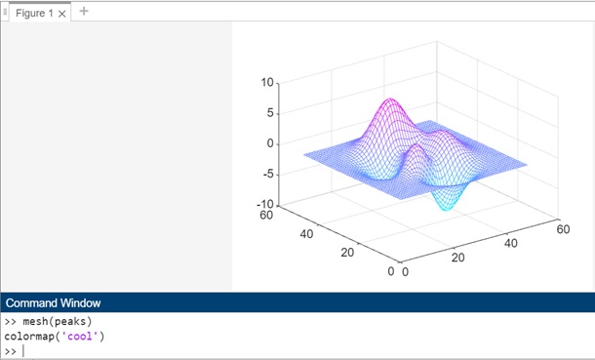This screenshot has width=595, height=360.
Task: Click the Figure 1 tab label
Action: coord(34,14)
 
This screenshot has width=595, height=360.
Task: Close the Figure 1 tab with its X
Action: coord(63,14)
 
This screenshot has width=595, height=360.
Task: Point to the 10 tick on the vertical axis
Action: coord(268,83)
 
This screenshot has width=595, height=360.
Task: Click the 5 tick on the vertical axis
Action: coord(270,113)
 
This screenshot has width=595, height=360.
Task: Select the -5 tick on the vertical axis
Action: coord(268,175)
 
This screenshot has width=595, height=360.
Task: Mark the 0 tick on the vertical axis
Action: coord(270,143)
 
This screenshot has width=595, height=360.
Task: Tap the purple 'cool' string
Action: coord(80,337)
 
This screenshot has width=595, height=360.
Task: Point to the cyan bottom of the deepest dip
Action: coord(445,209)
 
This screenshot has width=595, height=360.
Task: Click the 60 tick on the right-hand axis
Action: coord(563,228)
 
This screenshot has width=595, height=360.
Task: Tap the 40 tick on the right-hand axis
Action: coord(510,243)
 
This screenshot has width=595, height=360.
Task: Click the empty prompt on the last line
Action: coord(23,351)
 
